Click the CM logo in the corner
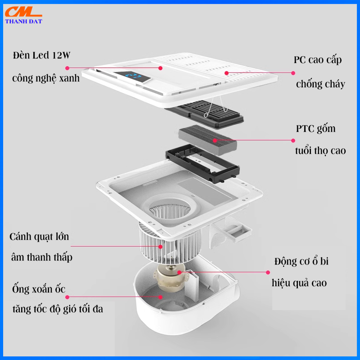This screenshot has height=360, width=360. [23, 13]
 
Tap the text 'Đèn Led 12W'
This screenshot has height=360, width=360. [42, 56]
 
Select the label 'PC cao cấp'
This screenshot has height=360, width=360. [317, 60]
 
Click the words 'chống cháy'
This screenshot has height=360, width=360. [320, 84]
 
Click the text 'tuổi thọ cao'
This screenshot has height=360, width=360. [320, 150]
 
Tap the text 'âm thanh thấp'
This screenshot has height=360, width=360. [41, 257]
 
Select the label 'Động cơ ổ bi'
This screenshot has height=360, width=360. [301, 261]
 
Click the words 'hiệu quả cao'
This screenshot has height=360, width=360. [299, 283]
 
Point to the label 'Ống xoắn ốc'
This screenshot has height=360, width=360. [39, 289]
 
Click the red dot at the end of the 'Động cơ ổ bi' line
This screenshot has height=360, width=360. [268, 272]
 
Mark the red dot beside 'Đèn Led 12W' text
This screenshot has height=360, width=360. [67, 68]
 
